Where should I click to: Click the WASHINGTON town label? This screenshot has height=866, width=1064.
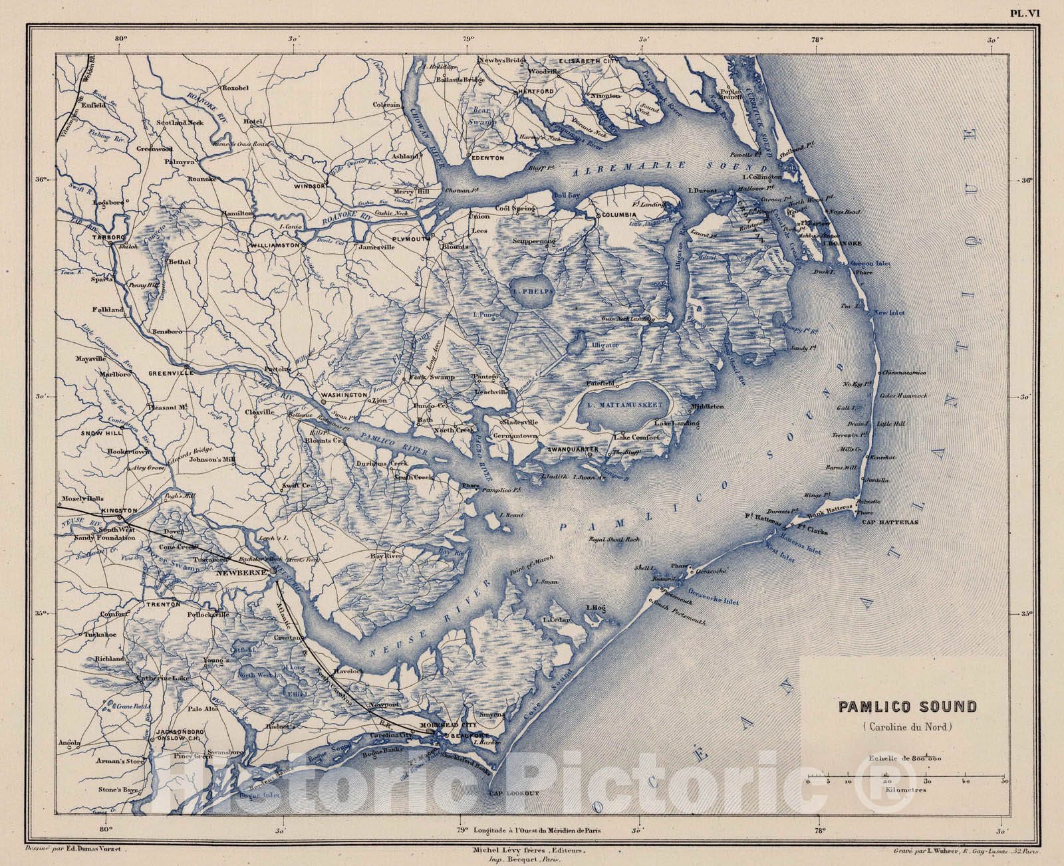[x=344, y=395]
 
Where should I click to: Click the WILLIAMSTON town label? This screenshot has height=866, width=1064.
[x=276, y=245]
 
